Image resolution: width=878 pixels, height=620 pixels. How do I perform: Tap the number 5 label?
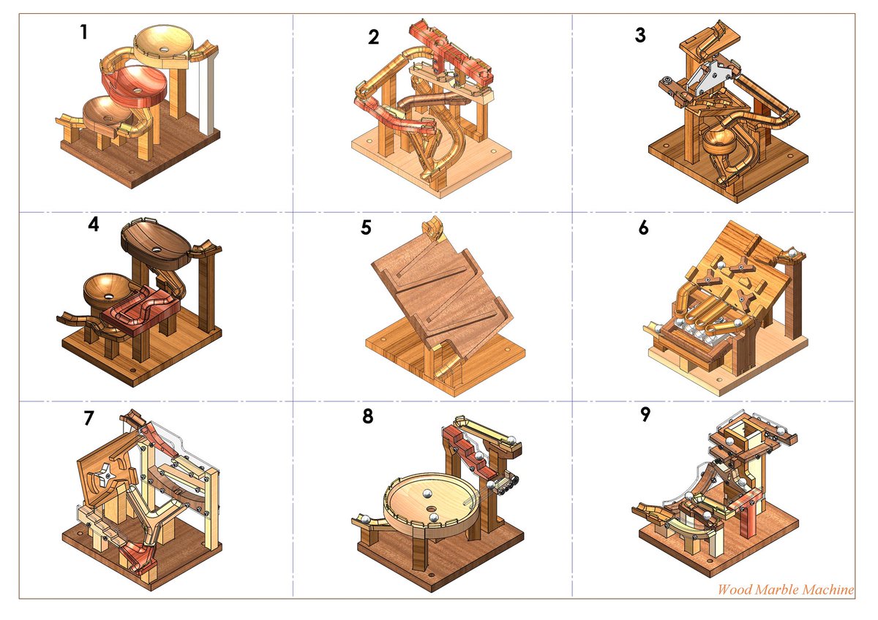[367, 227]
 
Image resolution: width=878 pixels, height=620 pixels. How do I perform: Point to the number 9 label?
[645, 415]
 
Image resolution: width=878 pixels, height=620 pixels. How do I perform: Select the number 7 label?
[89, 418]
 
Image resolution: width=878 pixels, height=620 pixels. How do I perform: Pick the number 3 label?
[641, 35]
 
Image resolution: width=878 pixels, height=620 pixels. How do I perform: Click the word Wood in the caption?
[734, 589]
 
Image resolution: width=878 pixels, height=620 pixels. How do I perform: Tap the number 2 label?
[374, 37]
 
